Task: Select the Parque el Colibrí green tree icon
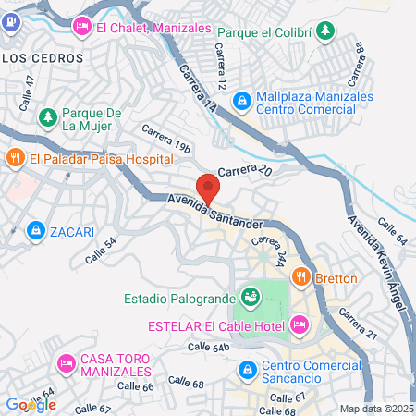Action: point(324,31)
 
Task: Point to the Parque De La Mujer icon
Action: point(48,117)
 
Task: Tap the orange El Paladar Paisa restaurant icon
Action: point(14,158)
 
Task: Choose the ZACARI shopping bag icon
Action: point(35,228)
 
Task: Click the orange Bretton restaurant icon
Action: point(300,276)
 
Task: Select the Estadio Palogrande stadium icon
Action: point(249,298)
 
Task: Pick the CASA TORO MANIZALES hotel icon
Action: point(66,364)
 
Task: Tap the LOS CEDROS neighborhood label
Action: point(43,57)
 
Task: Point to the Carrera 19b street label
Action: point(165,139)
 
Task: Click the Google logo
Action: point(30,404)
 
